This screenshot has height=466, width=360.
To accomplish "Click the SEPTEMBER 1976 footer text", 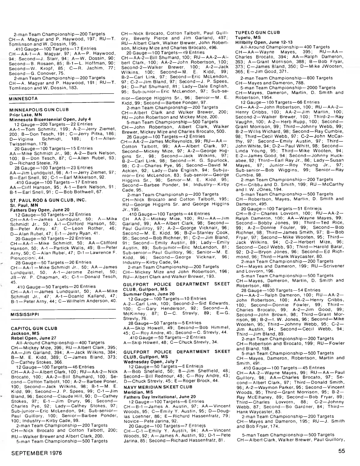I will tap(37, 453).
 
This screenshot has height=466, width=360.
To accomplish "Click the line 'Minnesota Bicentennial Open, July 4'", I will tap(50, 119).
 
